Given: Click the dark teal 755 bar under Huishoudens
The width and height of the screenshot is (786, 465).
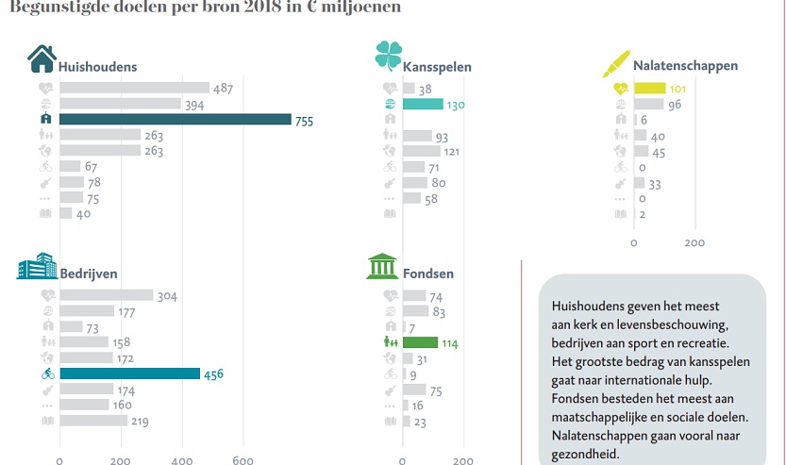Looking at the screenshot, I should point(175,120).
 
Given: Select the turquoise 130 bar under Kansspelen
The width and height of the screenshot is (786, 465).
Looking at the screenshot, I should point(423,104).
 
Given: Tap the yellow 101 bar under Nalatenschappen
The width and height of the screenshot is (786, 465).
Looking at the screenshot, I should point(650,89).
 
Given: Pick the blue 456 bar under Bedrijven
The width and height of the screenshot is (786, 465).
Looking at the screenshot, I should point(129,374).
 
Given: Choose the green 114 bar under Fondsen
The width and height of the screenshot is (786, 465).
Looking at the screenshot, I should point(420,342).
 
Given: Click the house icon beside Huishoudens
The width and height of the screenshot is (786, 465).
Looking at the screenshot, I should point(42,59).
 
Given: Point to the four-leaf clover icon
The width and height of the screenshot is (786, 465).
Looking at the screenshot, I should point(388,57).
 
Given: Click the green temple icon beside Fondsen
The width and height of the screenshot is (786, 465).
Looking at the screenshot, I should point(382,268).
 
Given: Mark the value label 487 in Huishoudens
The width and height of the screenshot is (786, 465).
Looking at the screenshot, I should point(224,89).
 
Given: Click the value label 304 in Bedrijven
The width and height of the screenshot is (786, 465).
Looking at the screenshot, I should point(167,296).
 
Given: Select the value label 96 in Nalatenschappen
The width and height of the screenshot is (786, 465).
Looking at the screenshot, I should point(676,105).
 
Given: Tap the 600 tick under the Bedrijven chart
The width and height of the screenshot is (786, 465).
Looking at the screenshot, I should point(242,460).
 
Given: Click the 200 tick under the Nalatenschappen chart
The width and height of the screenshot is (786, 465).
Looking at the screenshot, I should point(694,242).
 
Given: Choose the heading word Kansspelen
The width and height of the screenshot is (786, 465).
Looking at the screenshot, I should point(437,67).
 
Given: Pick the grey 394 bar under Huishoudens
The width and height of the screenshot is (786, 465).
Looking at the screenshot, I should point(120,104).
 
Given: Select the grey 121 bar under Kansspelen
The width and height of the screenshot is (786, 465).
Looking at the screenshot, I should point(421,151).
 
